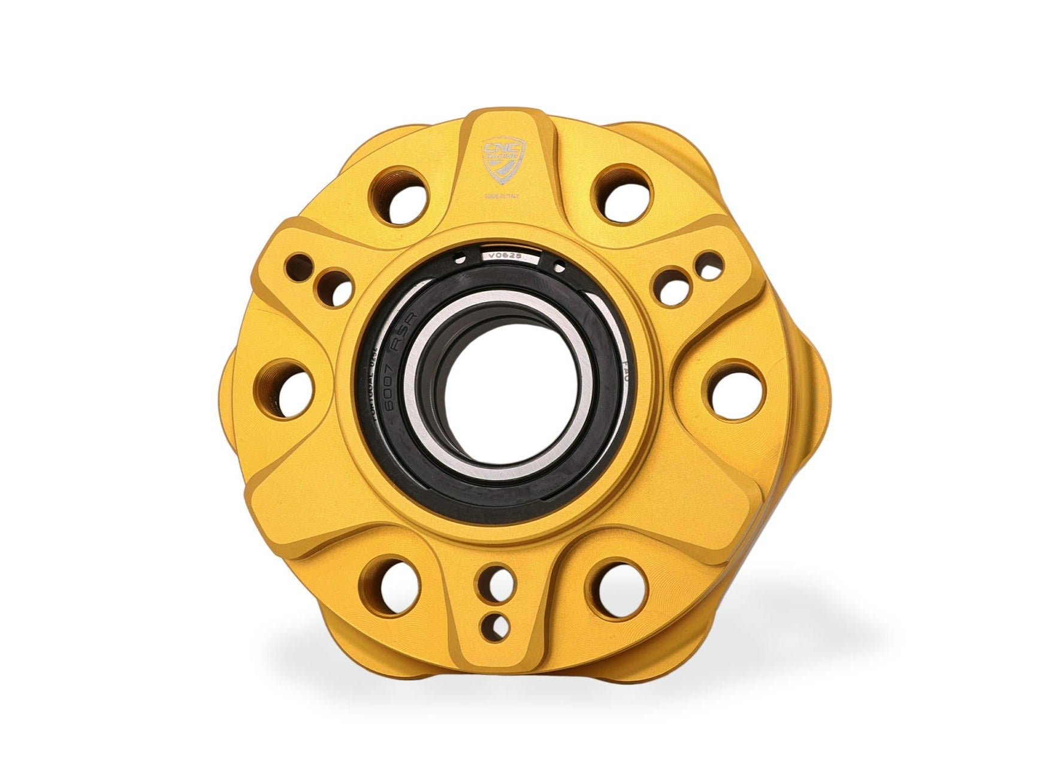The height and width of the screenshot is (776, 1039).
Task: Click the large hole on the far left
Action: coord(289,387)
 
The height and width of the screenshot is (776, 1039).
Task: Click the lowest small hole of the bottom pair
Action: coord(495,623)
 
